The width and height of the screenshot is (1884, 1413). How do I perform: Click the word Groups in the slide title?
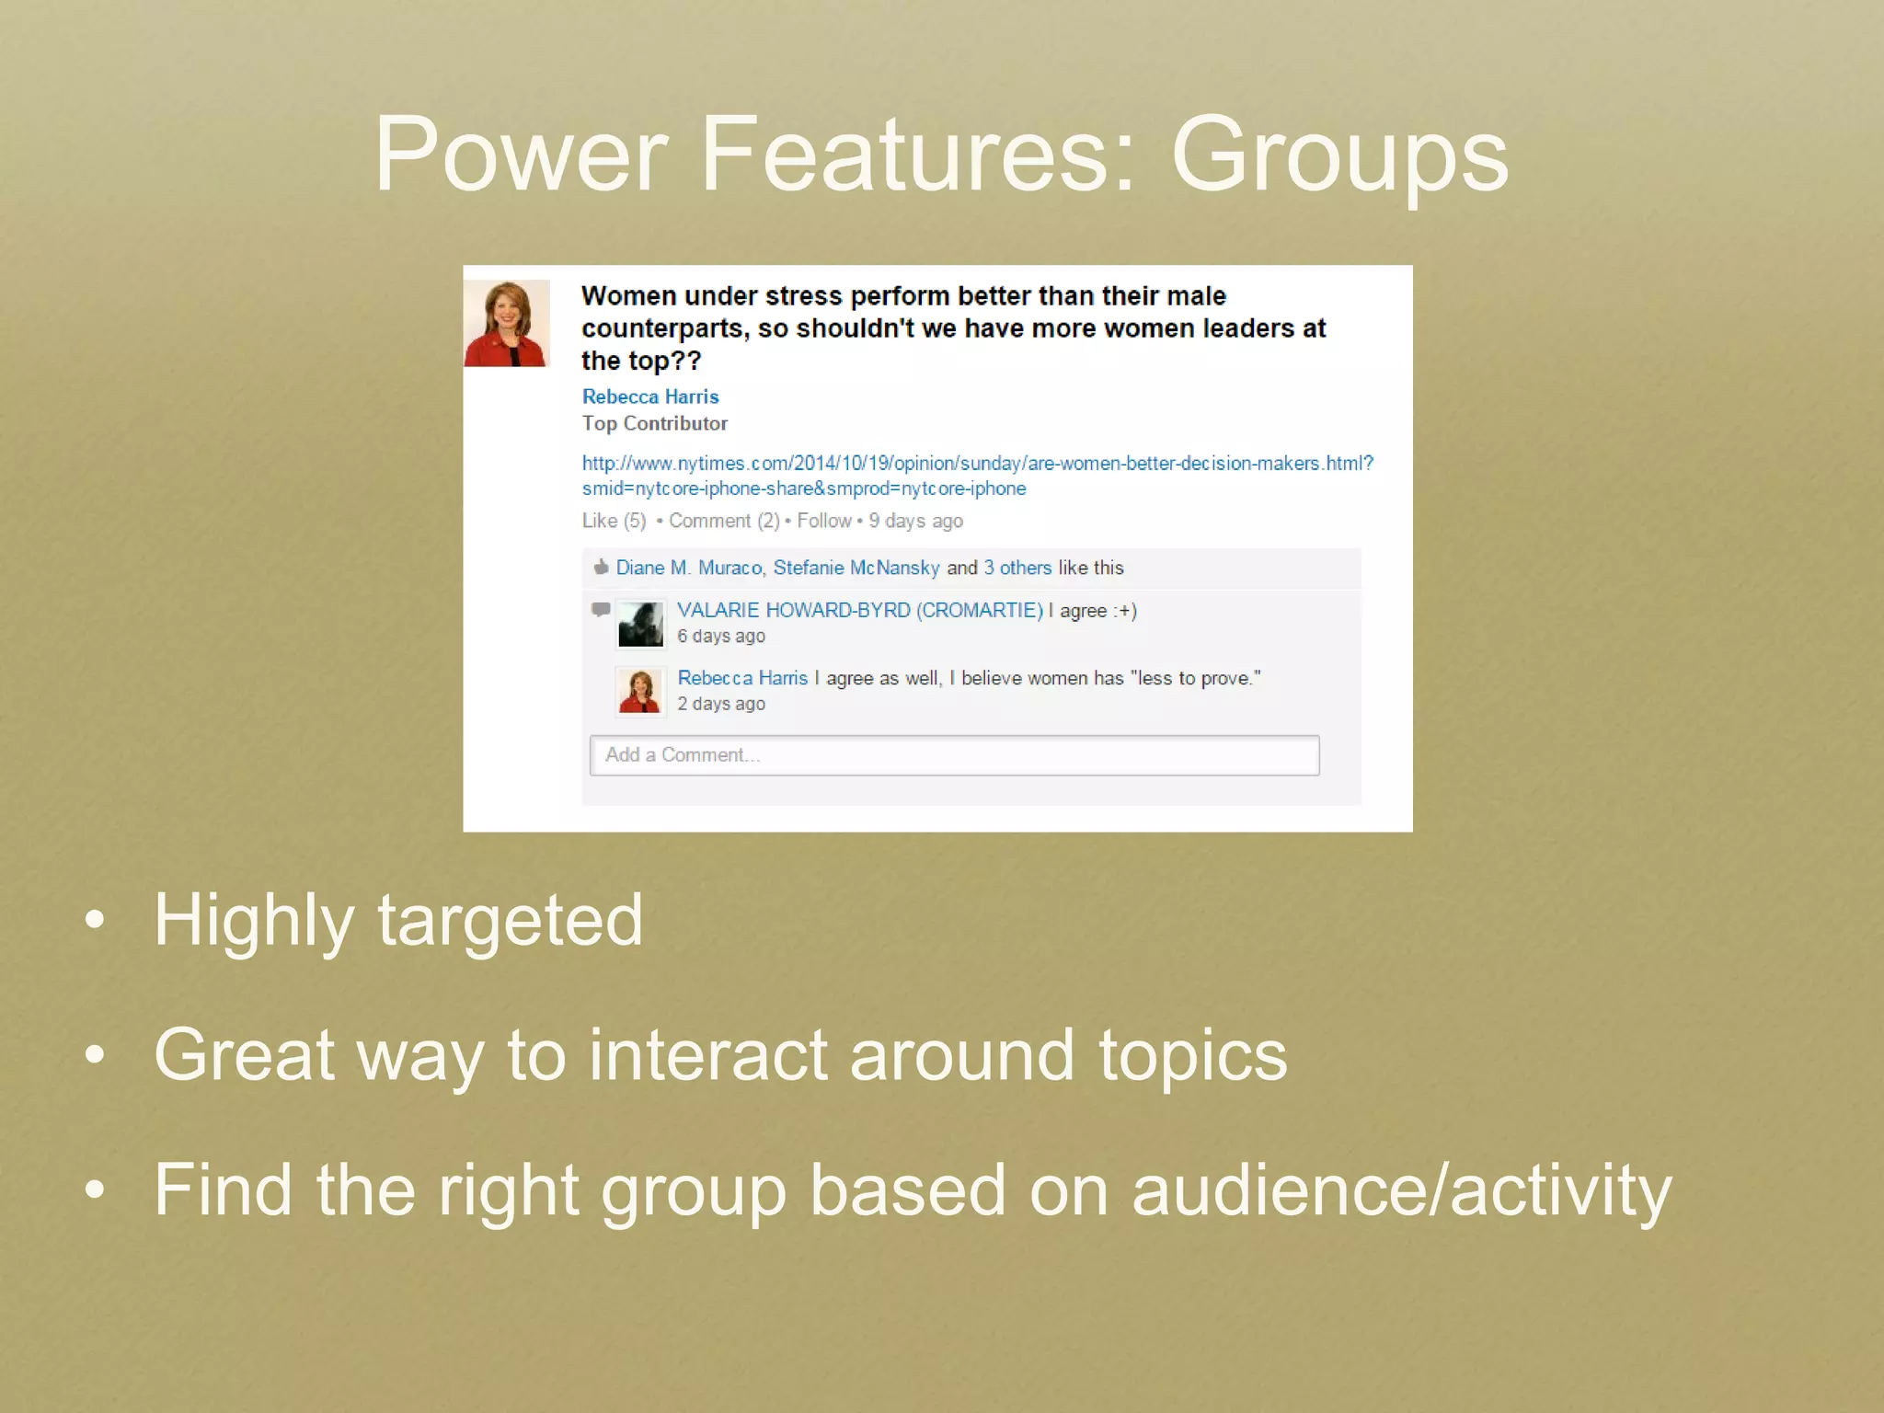(x=1339, y=155)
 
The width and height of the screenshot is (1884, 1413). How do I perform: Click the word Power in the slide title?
(x=521, y=155)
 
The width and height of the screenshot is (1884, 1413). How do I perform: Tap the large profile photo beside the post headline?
(x=507, y=323)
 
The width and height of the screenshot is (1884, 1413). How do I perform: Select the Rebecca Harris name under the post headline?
(x=650, y=396)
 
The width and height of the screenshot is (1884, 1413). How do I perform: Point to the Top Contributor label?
(x=654, y=423)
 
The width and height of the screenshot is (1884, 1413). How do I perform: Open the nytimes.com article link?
(x=977, y=464)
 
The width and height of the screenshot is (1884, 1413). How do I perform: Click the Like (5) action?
(x=614, y=521)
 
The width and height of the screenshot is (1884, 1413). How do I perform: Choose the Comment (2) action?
(x=724, y=521)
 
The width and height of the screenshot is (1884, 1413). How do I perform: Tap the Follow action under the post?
(x=824, y=521)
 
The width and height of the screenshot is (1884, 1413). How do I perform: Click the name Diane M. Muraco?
(x=689, y=568)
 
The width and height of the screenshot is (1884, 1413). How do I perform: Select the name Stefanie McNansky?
(x=856, y=568)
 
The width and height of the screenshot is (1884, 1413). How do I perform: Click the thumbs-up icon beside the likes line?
(x=601, y=567)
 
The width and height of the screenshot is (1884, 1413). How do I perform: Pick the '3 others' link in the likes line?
(x=1017, y=568)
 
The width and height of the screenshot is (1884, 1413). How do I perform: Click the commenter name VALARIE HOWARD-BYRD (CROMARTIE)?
(x=860, y=610)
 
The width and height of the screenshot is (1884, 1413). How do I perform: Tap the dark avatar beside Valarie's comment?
(x=640, y=625)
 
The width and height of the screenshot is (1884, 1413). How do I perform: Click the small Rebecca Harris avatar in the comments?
(x=640, y=692)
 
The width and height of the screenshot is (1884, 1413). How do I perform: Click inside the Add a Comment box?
(x=954, y=755)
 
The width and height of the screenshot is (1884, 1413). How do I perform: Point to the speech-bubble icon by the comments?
(x=601, y=609)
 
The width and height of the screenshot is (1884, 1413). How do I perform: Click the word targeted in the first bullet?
(x=511, y=920)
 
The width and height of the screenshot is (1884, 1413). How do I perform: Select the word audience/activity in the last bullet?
(x=1401, y=1190)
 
